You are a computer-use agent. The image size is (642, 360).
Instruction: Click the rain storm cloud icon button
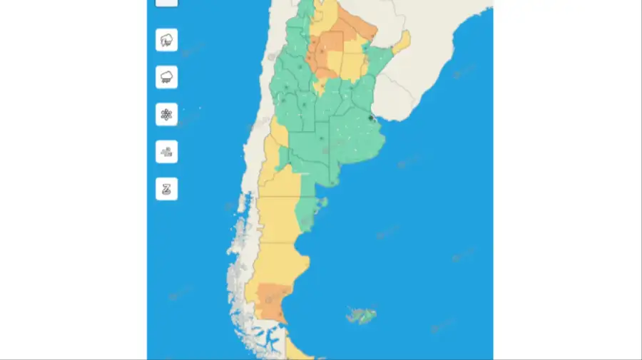click(166, 40)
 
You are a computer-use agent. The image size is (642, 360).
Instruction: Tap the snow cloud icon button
click(166, 77)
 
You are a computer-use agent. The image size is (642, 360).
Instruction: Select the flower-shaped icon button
click(166, 114)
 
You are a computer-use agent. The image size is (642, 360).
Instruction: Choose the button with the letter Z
click(166, 189)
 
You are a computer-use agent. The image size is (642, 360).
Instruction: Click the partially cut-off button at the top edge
click(166, 2)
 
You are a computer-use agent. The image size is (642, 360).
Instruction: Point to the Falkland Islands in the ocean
click(360, 314)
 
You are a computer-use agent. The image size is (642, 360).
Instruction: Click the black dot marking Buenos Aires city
click(370, 118)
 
